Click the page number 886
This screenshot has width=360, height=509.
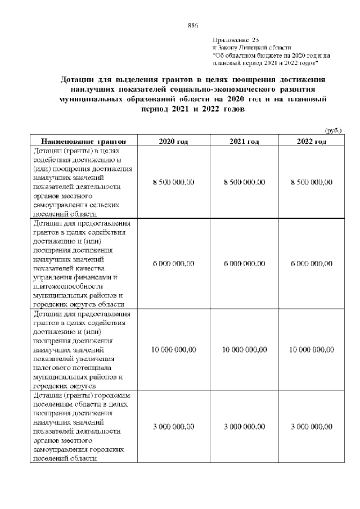coord(192,25)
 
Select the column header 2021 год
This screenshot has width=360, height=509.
coord(244,141)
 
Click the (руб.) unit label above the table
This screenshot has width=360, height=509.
coord(334,130)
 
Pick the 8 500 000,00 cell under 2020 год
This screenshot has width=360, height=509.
coord(173,182)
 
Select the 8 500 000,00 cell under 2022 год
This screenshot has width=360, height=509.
coord(312,182)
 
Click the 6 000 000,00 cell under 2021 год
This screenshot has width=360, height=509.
coord(244,263)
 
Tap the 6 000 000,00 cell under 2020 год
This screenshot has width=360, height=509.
coord(173,263)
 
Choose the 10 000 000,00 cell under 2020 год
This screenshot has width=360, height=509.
coord(173,350)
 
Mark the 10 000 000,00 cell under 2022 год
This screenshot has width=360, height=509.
coord(312,350)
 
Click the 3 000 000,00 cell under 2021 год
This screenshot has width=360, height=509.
coord(244,427)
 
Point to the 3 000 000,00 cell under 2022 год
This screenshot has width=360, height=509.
coord(312,427)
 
